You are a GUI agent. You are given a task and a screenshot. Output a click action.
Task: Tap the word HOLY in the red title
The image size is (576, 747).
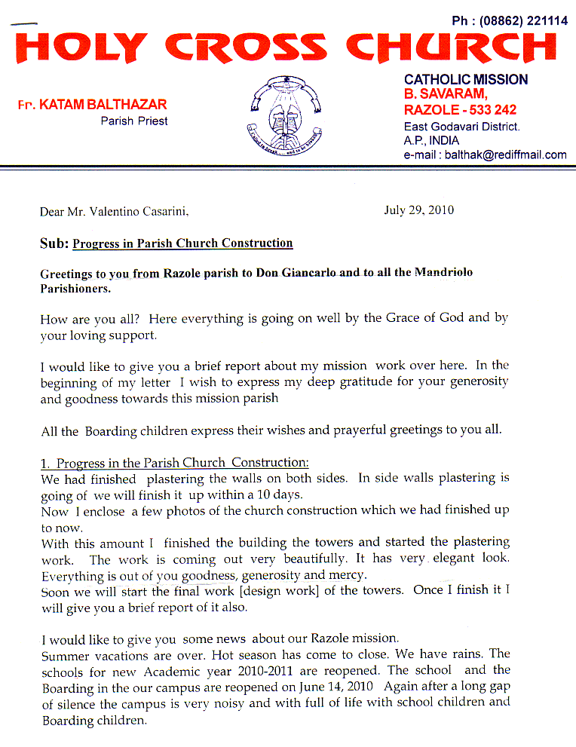pyautogui.click(x=80, y=47)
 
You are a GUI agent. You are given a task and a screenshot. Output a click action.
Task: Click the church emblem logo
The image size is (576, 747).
pyautogui.click(x=287, y=114)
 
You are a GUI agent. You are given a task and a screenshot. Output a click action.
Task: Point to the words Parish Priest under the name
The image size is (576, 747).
pyautogui.click(x=134, y=121)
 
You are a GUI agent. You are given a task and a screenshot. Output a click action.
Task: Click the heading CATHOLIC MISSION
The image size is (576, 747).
pyautogui.click(x=465, y=79)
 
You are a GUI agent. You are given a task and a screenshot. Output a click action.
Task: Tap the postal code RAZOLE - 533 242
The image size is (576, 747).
pyautogui.click(x=460, y=110)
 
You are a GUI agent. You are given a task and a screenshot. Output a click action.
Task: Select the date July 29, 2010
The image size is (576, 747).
pyautogui.click(x=418, y=210)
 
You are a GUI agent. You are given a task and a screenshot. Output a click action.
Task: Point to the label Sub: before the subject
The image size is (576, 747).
pyautogui.click(x=54, y=243)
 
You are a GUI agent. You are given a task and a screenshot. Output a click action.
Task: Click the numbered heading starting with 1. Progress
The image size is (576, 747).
pyautogui.click(x=174, y=463)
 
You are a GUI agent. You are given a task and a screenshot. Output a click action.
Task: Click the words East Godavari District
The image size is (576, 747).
pyautogui.click(x=461, y=127)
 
